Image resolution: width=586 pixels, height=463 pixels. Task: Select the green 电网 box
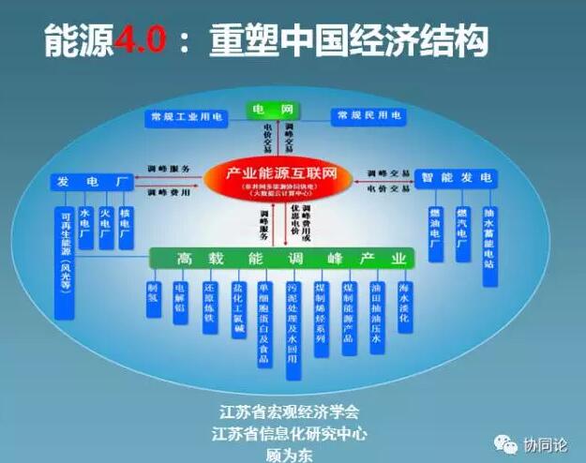271,111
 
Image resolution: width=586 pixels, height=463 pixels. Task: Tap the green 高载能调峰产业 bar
279,258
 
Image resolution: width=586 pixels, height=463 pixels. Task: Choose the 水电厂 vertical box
86,228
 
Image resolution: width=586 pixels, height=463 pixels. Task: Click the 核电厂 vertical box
126,228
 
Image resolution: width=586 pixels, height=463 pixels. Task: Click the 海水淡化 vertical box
404,304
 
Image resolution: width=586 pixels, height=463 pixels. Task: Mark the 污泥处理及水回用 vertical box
293,328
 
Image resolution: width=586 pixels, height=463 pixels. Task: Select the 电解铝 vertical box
181,302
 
